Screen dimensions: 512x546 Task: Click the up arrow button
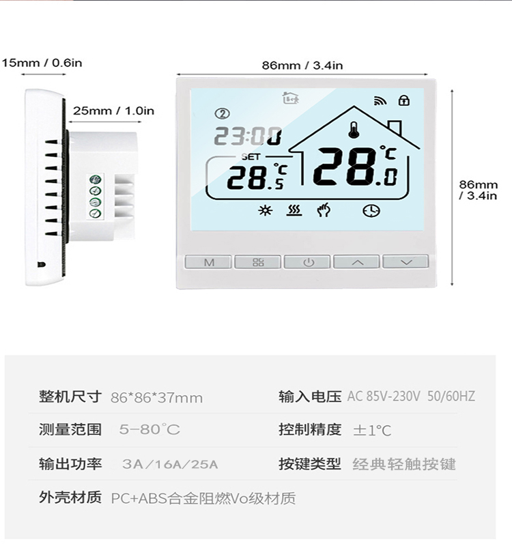click(x=356, y=262)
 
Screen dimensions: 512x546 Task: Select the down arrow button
click(x=406, y=262)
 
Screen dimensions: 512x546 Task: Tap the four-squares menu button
click(x=258, y=262)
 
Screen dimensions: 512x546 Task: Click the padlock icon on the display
click(x=404, y=101)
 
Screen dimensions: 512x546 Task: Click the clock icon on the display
click(x=371, y=211)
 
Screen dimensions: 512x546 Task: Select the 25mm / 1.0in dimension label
click(x=113, y=111)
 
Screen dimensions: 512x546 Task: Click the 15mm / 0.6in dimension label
click(x=42, y=63)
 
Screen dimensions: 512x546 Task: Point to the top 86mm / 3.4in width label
click(x=302, y=66)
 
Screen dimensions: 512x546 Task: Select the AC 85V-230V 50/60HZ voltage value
click(x=411, y=397)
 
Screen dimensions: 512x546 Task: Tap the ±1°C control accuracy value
click(x=372, y=431)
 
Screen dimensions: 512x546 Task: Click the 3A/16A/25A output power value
click(x=170, y=465)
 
